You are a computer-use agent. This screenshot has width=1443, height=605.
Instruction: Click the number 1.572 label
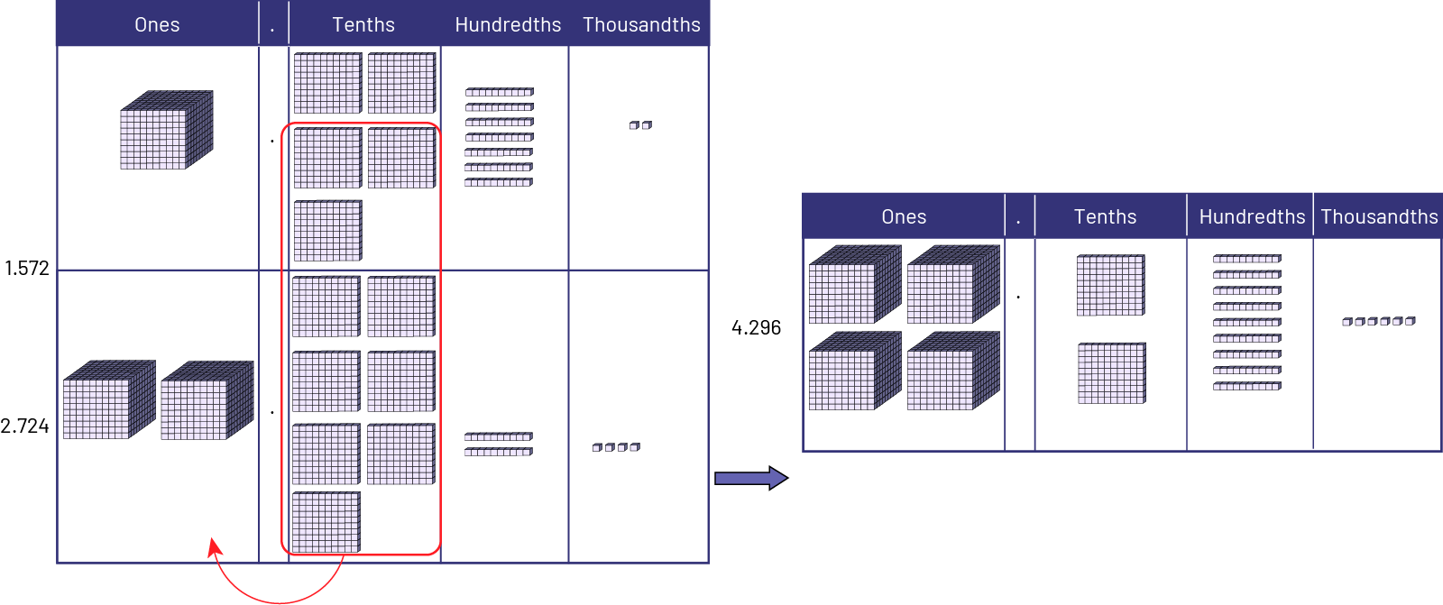26,268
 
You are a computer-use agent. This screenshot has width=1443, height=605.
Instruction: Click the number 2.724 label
25,426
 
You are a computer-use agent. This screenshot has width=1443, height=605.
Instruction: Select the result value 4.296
756,327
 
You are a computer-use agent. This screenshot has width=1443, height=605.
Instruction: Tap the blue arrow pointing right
751,478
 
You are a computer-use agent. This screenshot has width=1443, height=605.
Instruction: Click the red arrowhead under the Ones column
215,547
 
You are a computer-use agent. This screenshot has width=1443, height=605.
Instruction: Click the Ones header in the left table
157,24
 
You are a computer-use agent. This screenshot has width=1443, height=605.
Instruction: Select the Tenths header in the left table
363,24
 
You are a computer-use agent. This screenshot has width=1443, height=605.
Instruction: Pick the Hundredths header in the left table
508,24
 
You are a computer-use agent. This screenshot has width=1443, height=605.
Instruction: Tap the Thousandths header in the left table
641,24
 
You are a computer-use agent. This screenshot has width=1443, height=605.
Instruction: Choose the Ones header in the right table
904,216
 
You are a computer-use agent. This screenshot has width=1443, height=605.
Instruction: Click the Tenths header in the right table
1105,216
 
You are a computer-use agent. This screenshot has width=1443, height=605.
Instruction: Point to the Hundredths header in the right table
1252,216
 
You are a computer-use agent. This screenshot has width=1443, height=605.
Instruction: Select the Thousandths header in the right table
1379,216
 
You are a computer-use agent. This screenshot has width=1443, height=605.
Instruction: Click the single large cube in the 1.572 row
167,130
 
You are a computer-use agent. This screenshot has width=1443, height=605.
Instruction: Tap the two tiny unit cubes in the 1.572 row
640,125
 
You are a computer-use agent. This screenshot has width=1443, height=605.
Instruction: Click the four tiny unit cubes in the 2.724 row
617,446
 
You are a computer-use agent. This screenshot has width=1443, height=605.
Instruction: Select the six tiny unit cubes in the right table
1378,321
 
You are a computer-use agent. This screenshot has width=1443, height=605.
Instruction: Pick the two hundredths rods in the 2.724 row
499,444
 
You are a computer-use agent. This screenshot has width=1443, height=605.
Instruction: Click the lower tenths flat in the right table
1112,372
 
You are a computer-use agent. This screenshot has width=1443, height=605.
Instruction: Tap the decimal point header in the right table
1019,216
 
